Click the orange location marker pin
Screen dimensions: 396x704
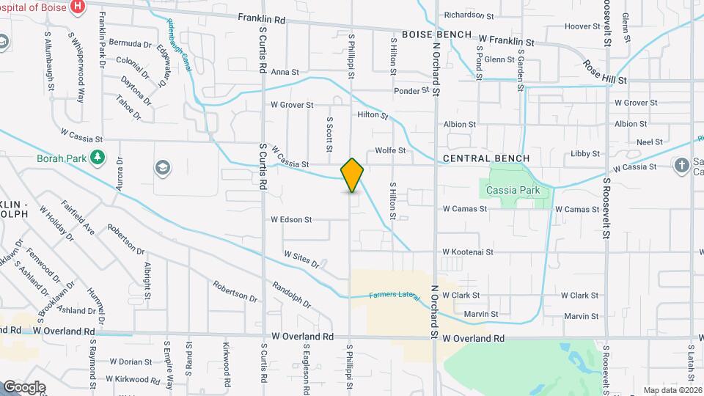[352, 175]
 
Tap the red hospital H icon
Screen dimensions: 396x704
[78, 8]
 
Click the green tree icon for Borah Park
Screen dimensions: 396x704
[97, 158]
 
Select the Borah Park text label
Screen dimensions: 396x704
[59, 158]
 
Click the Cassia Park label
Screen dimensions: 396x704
[513, 191]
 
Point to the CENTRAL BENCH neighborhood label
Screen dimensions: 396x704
[481, 159]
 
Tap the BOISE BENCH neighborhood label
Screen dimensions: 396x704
[437, 34]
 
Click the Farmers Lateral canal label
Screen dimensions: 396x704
[395, 295]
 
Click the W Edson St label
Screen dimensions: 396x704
[291, 219]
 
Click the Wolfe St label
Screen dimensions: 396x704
[390, 150]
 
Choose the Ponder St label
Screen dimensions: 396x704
[411, 91]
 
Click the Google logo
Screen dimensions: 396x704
[23, 387]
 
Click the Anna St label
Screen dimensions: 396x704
[285, 72]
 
